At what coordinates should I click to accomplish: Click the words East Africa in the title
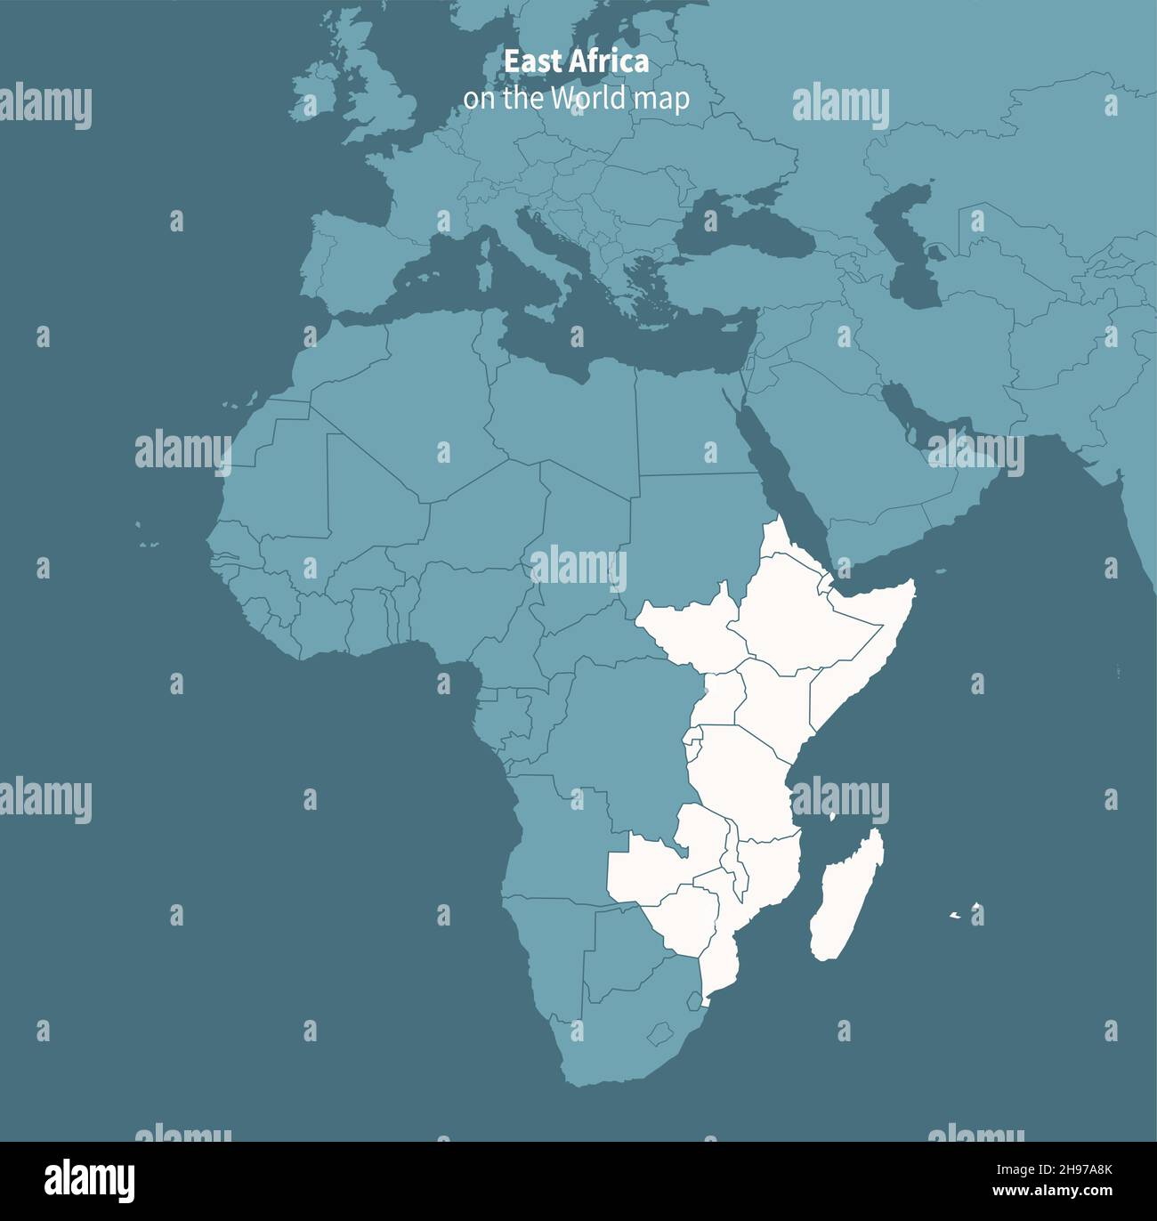coord(576,61)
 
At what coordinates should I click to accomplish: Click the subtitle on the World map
coord(576,99)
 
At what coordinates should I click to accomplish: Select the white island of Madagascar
coord(845,899)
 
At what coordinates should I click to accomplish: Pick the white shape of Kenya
coord(774,703)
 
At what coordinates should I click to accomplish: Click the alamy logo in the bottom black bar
coord(90,1181)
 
